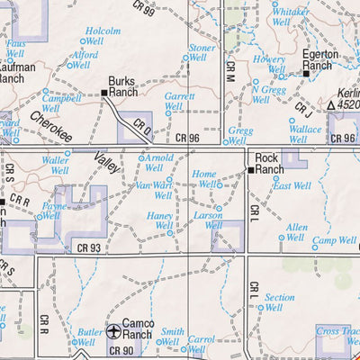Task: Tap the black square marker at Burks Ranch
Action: tap(103, 92)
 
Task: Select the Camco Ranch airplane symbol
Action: tap(114, 331)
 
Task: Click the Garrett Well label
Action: tap(179, 101)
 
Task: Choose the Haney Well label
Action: tap(160, 220)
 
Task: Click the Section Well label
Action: tap(279, 301)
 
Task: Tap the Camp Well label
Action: tap(334, 241)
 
